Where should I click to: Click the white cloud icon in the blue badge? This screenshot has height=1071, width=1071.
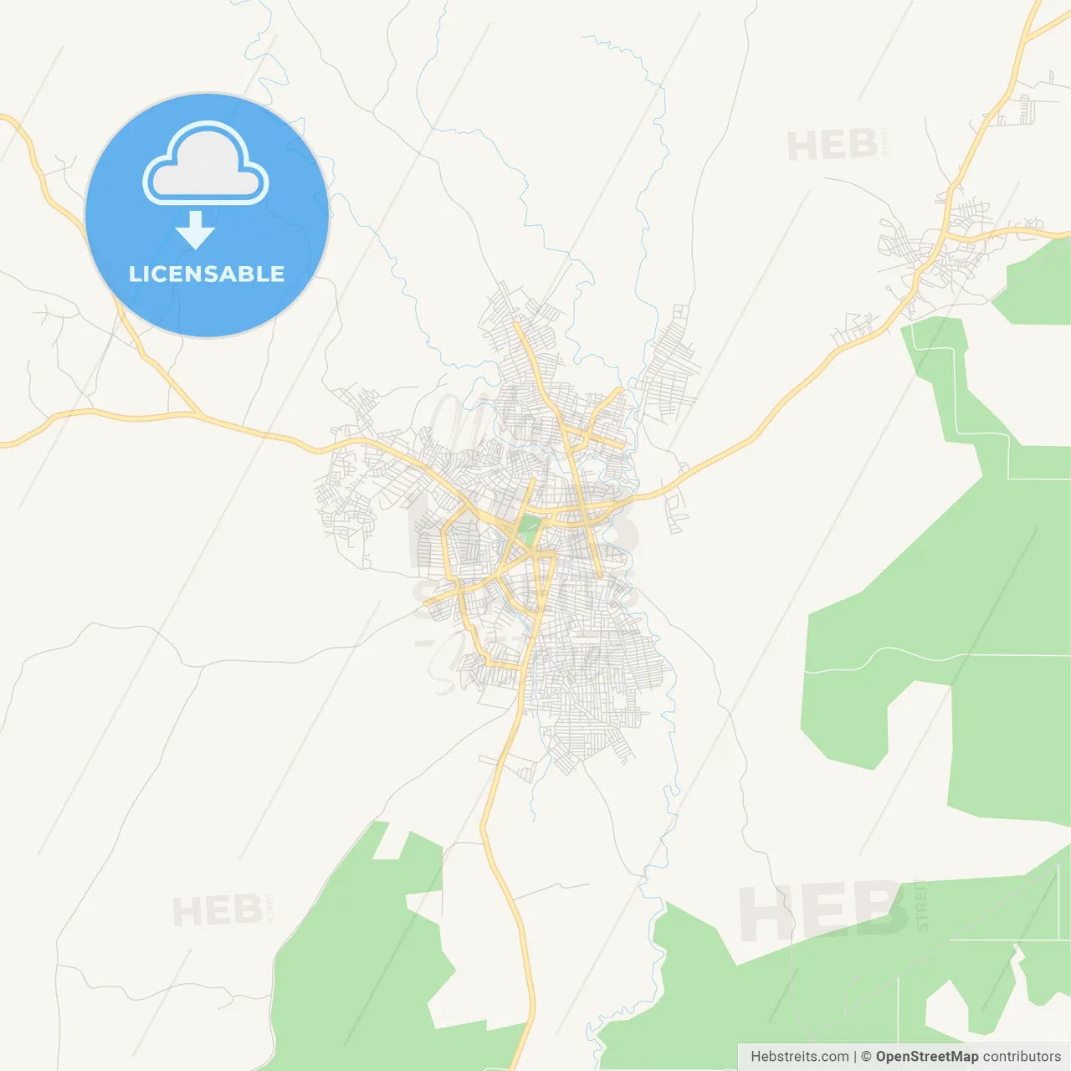click(x=206, y=165)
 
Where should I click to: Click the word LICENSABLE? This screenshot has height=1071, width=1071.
click(x=207, y=274)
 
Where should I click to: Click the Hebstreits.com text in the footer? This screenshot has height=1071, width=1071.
click(x=799, y=1057)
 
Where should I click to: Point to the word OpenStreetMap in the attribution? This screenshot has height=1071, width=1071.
click(x=927, y=1057)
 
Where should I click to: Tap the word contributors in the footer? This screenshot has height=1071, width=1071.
click(x=1022, y=1057)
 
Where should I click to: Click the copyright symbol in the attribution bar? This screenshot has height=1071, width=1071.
click(x=866, y=1057)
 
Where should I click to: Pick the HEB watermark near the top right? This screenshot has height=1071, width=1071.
click(x=832, y=146)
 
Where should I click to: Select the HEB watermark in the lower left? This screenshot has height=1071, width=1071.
click(x=217, y=911)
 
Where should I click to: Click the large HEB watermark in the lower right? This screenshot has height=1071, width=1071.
click(x=820, y=910)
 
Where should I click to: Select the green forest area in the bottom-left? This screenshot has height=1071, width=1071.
click(x=360, y=962)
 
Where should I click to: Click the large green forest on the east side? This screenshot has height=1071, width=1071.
click(x=937, y=602)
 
